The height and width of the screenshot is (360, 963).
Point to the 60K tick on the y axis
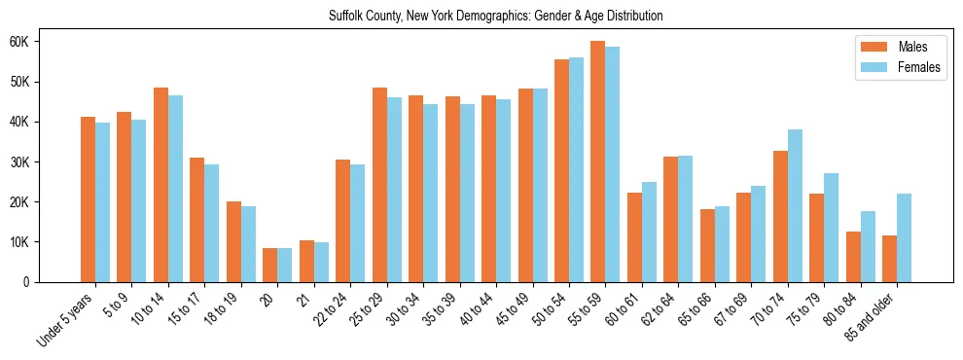click(x=22, y=42)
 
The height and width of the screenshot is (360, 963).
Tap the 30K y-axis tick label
click(x=22, y=162)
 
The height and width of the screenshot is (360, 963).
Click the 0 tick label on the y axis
click(x=28, y=282)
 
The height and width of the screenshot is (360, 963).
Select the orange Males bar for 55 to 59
click(x=597, y=162)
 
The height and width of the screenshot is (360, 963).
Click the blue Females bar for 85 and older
click(x=904, y=237)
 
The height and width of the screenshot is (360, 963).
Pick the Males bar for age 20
click(x=269, y=265)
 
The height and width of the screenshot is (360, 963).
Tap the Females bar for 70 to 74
click(x=795, y=205)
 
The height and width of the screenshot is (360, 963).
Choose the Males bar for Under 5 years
click(x=88, y=199)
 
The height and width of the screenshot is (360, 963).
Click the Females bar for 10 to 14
click(x=175, y=189)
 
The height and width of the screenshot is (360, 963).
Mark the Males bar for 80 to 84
click(x=853, y=257)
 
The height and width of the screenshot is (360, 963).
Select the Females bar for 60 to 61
click(x=649, y=232)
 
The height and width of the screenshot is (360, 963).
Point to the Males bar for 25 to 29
click(x=379, y=185)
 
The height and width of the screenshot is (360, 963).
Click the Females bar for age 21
click(x=321, y=262)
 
